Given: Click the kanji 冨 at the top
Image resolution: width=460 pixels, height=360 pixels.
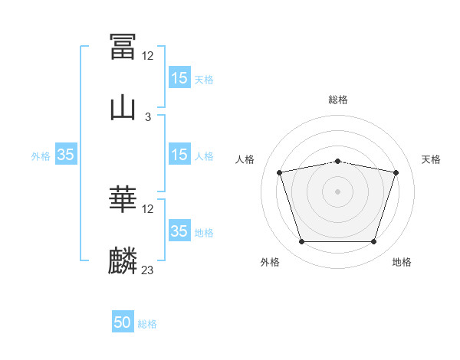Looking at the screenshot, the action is click(x=123, y=46).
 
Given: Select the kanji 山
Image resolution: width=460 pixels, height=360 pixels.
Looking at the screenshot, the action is click(x=123, y=109).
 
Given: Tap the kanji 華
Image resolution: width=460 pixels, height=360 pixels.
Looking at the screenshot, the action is click(x=123, y=198).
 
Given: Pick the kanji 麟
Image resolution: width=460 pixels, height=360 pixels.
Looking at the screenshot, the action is click(x=123, y=260).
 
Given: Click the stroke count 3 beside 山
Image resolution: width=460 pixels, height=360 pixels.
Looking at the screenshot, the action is click(x=148, y=117).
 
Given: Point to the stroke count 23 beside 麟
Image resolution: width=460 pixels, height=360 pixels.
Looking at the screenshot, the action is click(x=147, y=270).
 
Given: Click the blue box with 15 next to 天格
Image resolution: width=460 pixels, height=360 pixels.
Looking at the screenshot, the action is click(x=179, y=77).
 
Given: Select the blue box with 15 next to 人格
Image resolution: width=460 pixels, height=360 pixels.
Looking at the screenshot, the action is click(x=179, y=154).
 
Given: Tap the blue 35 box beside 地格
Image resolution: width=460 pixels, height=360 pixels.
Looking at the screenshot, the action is click(x=179, y=230).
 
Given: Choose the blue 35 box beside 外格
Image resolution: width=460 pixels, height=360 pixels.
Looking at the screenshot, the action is click(x=66, y=154).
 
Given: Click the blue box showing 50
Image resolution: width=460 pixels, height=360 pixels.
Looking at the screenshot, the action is click(x=123, y=321).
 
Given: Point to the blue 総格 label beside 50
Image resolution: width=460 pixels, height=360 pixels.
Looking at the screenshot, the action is click(x=147, y=324).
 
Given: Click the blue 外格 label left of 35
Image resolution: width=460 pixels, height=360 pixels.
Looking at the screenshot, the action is click(x=41, y=156).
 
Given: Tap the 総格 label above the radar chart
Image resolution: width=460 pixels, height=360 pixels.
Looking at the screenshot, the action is click(x=338, y=100).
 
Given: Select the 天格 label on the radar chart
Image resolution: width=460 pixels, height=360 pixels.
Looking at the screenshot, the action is click(x=431, y=159).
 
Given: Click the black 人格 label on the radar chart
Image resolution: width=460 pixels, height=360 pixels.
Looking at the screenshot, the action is click(x=245, y=159).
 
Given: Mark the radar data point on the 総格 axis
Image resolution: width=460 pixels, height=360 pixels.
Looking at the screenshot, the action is click(x=337, y=162).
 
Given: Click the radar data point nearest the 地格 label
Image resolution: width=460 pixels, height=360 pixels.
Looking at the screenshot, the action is click(x=373, y=241).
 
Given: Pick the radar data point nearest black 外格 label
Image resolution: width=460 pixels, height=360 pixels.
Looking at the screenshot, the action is click(x=302, y=241).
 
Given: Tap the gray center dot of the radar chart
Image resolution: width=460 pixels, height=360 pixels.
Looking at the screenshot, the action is click(x=337, y=191).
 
